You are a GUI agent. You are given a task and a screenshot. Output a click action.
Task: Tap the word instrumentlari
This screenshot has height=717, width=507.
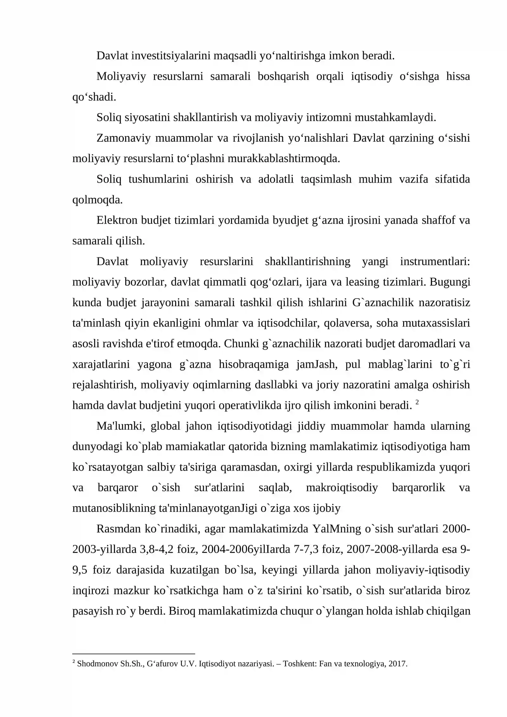coord(435,262)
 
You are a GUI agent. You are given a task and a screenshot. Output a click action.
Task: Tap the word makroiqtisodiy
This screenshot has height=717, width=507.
coord(342,488)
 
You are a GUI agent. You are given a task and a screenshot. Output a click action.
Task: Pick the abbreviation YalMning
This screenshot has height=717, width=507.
coord(337,529)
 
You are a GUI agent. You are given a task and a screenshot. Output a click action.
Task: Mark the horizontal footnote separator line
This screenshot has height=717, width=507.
coord(133,654)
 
